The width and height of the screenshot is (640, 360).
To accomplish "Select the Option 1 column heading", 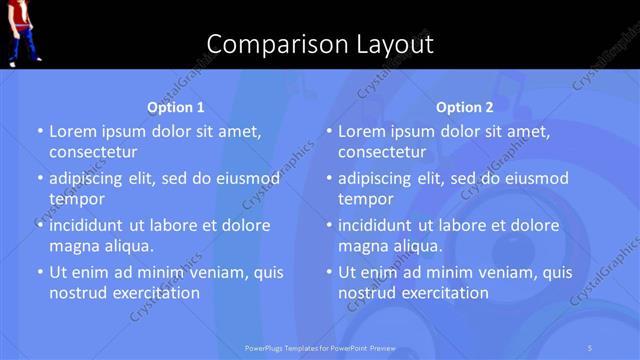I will [x=176, y=107].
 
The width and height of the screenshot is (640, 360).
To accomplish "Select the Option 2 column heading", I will [x=465, y=107].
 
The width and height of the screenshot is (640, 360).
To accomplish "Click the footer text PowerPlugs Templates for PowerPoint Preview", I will [x=320, y=348].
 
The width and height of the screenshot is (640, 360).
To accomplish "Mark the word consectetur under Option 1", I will [x=93, y=152].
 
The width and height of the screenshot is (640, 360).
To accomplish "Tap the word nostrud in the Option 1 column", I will [x=76, y=293].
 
